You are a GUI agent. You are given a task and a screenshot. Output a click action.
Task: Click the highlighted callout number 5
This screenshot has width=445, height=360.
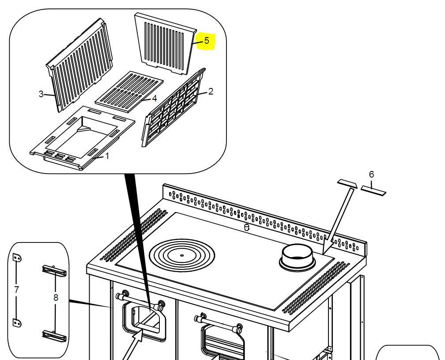click(x=207, y=41)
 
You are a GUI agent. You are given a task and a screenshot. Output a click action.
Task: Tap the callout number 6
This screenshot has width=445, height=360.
click(x=371, y=174)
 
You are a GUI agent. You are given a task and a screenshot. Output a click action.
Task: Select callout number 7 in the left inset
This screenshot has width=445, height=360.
click(x=16, y=290)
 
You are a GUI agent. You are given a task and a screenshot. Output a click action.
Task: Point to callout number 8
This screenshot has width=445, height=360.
click(x=56, y=297)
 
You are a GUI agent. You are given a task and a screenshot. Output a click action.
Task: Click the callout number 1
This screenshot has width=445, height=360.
click(x=107, y=156)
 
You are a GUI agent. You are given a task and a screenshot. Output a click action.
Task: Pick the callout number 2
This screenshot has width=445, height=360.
click(x=211, y=91)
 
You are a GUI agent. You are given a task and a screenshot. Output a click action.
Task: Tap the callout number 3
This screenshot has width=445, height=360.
click(x=41, y=94)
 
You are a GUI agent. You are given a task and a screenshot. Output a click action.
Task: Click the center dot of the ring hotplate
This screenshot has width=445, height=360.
click(x=182, y=255)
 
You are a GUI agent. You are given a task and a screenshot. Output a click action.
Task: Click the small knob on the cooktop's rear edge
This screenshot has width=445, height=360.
click(x=247, y=227)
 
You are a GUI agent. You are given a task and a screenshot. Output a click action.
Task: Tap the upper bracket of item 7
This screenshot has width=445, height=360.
click(x=16, y=258)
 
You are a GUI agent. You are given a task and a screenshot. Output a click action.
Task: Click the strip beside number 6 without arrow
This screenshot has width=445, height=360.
click(x=373, y=190)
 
